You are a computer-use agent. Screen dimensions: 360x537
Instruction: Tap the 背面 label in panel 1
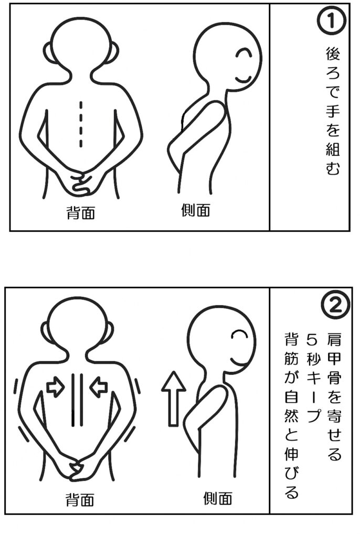(81, 213)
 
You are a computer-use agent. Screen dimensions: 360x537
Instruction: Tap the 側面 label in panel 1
(196, 210)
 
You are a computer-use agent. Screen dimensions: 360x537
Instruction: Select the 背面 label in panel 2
(80, 500)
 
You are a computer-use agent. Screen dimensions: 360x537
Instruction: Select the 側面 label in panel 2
(218, 498)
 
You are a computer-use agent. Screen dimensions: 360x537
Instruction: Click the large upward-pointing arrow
(174, 399)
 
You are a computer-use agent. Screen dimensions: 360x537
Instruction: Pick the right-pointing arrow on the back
(56, 388)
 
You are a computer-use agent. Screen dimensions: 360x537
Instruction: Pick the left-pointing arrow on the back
(99, 388)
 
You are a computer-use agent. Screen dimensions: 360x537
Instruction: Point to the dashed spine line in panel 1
(81, 124)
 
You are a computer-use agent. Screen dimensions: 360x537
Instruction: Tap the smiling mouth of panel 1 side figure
(244, 80)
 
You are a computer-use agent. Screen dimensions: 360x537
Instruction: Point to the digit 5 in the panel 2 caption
(312, 340)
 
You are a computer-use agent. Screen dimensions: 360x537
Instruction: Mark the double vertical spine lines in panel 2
(77, 400)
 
